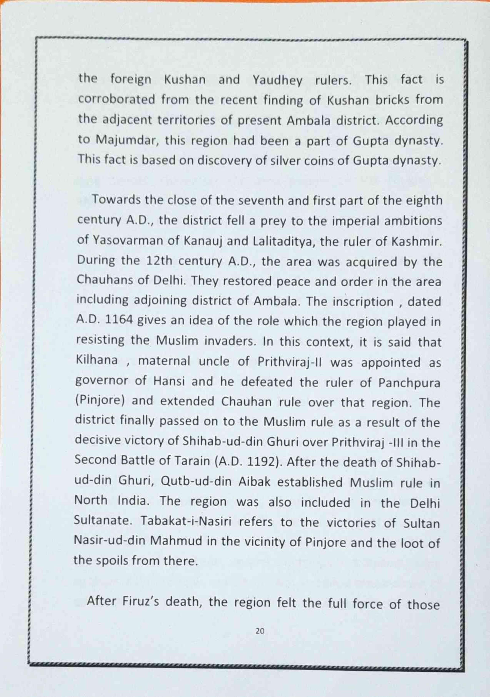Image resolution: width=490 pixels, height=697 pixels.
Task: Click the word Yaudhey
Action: pos(278,80)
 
